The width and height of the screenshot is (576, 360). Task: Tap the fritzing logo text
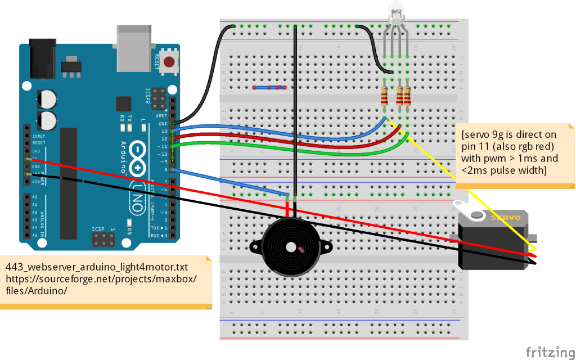tap(550, 353)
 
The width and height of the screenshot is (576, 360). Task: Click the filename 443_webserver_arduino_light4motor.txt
tap(96, 266)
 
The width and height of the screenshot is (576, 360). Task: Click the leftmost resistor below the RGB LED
tap(384, 96)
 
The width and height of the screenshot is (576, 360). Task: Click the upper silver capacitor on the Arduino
tap(47, 98)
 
